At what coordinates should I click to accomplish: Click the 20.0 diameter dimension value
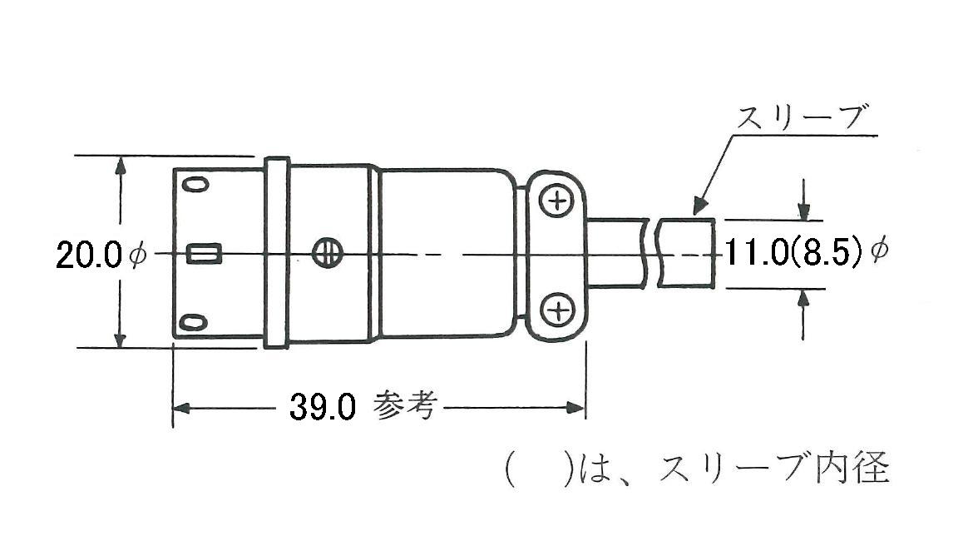90,255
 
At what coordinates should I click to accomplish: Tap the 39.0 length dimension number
323,407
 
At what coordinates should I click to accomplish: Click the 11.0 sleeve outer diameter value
755,253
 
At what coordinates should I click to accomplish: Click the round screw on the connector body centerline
326,254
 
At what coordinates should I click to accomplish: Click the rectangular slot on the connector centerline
204,254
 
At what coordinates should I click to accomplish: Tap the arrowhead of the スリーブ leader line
699,208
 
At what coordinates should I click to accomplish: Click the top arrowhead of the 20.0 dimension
121,163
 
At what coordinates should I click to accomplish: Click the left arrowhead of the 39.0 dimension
180,408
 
